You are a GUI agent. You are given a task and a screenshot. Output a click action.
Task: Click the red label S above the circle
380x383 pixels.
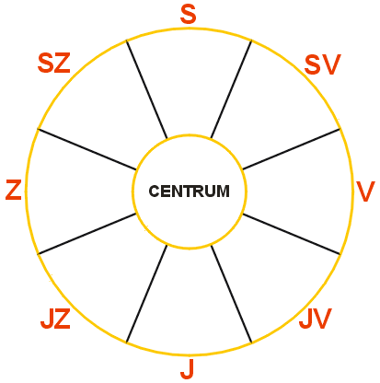[x=188, y=15]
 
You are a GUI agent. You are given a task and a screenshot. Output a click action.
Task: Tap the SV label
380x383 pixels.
[x=322, y=64]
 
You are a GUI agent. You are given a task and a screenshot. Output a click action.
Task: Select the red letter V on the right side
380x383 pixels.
[x=365, y=191]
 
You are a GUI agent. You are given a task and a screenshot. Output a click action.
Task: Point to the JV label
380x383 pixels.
[x=316, y=319]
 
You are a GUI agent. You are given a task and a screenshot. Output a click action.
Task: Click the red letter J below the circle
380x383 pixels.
[x=188, y=368]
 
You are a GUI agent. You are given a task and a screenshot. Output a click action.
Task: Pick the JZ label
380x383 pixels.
[x=55, y=319]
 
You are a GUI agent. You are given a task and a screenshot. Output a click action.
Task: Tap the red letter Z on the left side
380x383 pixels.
[x=14, y=190]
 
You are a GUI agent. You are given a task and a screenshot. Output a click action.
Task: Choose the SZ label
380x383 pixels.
[x=54, y=63]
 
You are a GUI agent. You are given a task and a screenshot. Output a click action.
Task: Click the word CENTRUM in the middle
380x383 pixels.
[x=190, y=191]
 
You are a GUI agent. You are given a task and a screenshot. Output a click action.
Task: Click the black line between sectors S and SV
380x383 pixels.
[x=231, y=89]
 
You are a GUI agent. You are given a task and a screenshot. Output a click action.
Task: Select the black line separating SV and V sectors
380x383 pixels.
[x=292, y=149]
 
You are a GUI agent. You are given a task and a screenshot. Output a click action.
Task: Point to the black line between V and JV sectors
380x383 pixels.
[x=292, y=234]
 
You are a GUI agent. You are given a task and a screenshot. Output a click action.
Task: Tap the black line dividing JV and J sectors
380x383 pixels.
[x=231, y=294]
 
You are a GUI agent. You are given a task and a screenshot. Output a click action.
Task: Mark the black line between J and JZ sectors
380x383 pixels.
[x=147, y=294]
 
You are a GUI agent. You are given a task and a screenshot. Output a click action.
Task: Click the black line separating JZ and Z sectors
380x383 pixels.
[x=87, y=234]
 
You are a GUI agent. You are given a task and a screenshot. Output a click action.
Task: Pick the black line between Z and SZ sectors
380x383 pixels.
[x=87, y=149]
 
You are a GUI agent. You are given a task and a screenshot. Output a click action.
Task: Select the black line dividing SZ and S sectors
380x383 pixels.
[x=147, y=89]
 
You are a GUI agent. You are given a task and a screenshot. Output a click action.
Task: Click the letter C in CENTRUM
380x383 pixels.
[x=154, y=191]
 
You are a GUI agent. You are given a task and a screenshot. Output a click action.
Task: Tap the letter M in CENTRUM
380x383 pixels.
[x=224, y=191]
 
